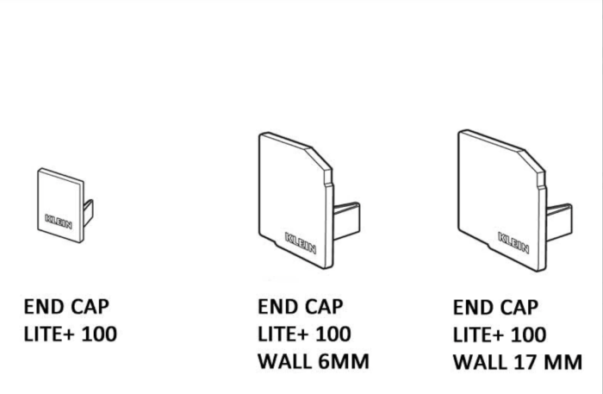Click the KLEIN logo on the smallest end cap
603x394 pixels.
point(59,222)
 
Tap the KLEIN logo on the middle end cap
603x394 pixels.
point(301,243)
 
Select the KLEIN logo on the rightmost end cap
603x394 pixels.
point(513,243)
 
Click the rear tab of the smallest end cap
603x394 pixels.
point(88,211)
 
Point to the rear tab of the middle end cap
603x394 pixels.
point(346,221)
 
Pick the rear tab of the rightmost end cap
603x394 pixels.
point(559,222)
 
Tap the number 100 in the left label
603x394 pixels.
point(99,334)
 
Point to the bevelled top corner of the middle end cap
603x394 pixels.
point(319,158)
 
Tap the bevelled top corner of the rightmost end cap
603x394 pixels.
point(532,159)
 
